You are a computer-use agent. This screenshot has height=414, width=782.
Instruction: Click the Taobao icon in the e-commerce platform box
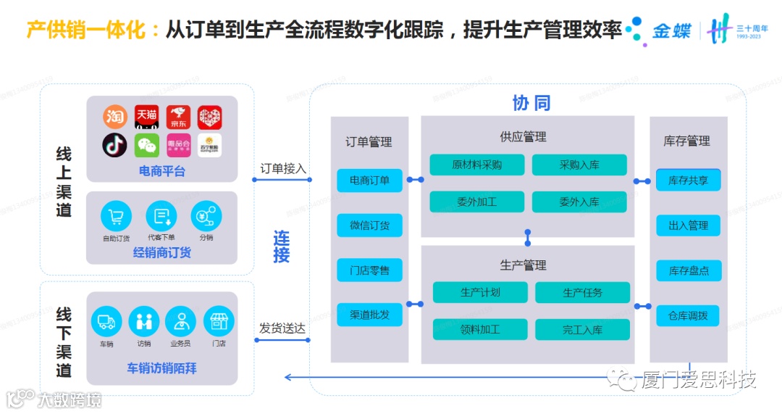pos(114,117)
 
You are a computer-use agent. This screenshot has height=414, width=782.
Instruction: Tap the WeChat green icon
pos(147,145)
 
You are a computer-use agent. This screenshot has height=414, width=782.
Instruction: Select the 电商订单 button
pos(369,180)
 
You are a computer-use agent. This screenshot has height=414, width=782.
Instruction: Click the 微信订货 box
pos(369,225)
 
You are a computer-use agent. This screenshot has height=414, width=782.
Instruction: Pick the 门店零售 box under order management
pos(369,270)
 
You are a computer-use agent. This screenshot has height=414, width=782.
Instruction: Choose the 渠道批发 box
pos(369,315)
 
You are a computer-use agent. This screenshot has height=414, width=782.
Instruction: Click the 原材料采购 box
pos(476,165)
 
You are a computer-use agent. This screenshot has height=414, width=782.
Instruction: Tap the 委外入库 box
pos(579,202)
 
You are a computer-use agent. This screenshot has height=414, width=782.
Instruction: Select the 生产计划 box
pos(480,292)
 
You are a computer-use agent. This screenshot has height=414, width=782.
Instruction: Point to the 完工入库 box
pos(582,329)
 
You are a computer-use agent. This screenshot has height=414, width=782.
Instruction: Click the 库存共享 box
pos(689,181)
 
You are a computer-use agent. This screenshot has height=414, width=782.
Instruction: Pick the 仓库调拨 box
pos(689,315)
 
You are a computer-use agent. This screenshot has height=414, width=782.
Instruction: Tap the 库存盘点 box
pos(689,270)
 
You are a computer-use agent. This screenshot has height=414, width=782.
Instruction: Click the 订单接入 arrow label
pos(283,168)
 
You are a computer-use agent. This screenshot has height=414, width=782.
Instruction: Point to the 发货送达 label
pos(282,328)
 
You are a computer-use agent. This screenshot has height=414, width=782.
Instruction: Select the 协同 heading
pos(531,103)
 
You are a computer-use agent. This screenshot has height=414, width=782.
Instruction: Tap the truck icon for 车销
pos(106,320)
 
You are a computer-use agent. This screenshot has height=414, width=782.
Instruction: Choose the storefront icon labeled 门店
pos(218,320)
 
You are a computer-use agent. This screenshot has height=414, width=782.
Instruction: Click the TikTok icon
pos(114,145)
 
